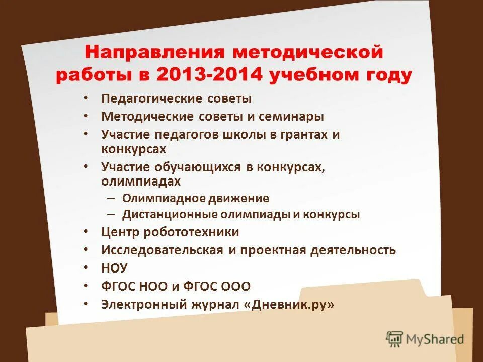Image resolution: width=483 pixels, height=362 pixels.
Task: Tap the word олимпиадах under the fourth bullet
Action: pos(140,180)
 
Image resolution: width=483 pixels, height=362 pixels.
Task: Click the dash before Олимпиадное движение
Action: pos(112,198)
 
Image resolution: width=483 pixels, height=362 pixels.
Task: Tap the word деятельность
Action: pos(352,250)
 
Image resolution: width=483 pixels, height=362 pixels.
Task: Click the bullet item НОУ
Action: pos(115,268)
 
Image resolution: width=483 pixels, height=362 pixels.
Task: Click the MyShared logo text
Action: pos(435,339)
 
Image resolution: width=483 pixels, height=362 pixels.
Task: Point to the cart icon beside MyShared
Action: pos(395,338)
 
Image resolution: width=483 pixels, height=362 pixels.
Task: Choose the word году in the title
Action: pos(387,75)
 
